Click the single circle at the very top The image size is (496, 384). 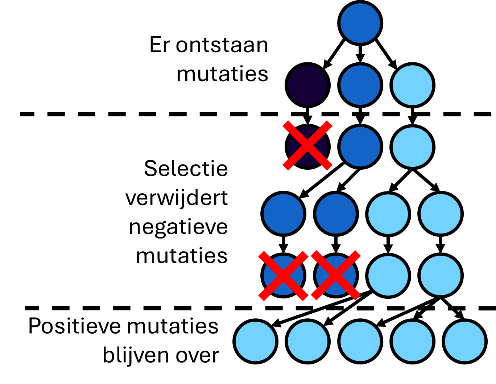coord(360,23)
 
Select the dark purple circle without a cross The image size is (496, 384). coord(307,85)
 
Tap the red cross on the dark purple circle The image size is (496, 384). coord(307,145)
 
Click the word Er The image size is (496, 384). coord(160,45)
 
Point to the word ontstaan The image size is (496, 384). coord(222,45)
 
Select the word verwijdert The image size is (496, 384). coord(177,198)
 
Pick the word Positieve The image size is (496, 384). coord(74,326)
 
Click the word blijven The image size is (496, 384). coord(136,356)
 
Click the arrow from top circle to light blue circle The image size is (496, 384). coord(386,54)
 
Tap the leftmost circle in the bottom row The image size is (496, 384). coord(255,341)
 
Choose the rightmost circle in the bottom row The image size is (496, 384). coord(465,341)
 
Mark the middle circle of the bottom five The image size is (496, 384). coord(360,341)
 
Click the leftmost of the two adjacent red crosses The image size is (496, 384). coord(283,276)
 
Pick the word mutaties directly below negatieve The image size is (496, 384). coord(182,256)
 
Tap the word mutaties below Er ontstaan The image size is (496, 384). coord(222,74)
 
